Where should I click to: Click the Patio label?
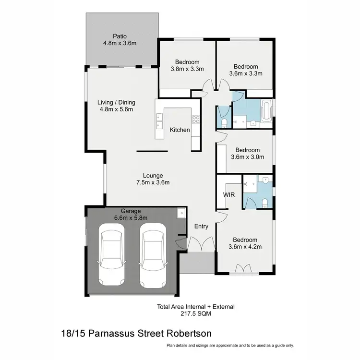click(120, 39)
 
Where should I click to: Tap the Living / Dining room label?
click(116, 106)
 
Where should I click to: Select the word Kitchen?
click(180, 130)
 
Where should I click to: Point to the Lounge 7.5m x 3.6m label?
click(153, 179)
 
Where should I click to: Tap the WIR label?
click(228, 195)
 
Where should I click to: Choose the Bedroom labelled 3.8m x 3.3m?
click(187, 65)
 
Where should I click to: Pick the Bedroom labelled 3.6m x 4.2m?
click(245, 243)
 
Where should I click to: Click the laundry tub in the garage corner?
click(180, 213)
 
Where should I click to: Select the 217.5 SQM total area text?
click(195, 314)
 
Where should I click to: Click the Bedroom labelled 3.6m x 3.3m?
click(245, 70)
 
